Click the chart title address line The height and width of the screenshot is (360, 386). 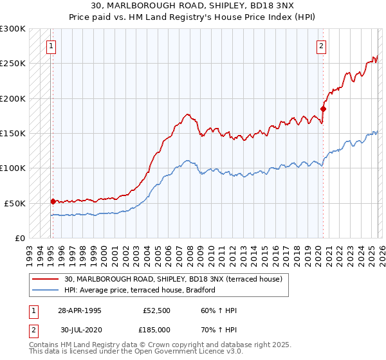click(192, 7)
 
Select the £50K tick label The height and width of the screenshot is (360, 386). click(15, 203)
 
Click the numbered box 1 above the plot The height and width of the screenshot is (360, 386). click(51, 46)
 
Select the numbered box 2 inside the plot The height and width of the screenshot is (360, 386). click(321, 46)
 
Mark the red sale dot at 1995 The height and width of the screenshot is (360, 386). click(53, 201)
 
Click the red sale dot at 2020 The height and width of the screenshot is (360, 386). click(323, 109)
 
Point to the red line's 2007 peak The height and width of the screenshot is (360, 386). click(187, 114)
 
